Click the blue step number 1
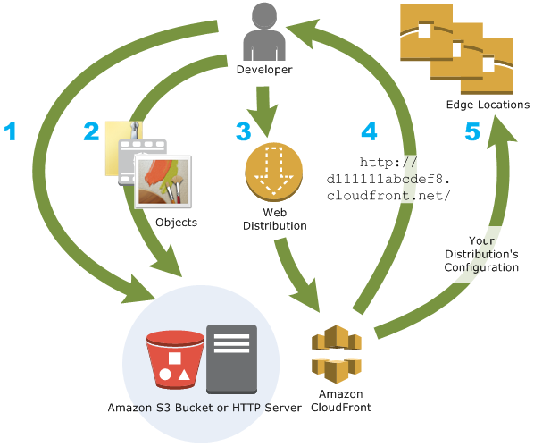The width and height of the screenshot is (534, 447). pos(11,131)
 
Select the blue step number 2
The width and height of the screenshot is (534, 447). pos(91,131)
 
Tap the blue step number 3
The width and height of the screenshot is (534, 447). pos(243,131)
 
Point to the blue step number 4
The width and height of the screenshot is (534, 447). pos(369,131)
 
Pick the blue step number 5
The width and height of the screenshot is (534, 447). pos(472,131)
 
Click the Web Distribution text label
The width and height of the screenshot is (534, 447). pos(274,219)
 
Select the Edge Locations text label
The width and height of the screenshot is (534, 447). pos(488,105)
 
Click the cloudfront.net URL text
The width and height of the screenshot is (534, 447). pos(388,179)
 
